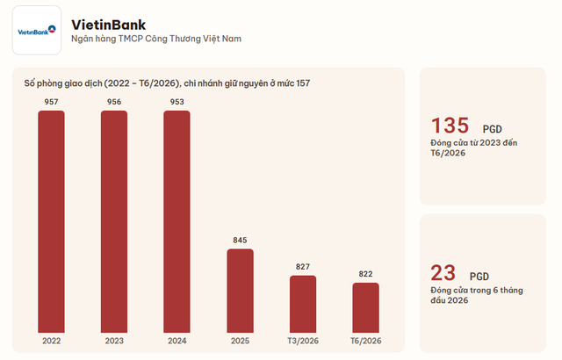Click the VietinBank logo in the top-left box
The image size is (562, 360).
coord(37,31)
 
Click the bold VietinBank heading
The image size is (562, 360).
coord(109,25)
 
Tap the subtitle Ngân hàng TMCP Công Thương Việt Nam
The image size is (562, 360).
coord(156,39)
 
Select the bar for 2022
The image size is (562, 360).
coord(51,222)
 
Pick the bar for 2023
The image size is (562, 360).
coord(114,222)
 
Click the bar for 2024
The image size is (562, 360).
coord(177,222)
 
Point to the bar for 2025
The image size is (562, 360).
coord(240,291)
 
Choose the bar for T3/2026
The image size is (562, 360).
coord(303,304)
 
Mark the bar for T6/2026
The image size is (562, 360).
coord(365,307)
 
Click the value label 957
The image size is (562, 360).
coord(51,102)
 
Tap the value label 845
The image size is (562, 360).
coord(240,240)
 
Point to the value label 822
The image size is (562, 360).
coord(365,274)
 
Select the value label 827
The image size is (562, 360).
coord(303,267)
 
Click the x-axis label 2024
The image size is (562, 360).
coord(177,341)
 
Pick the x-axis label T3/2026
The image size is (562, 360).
coord(303,341)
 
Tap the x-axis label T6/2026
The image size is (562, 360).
coord(365,341)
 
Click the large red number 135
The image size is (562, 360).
coord(450,126)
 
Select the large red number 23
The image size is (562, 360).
coord(443,273)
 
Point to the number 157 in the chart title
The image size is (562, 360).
coord(303,83)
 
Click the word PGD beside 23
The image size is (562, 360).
coord(479,277)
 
